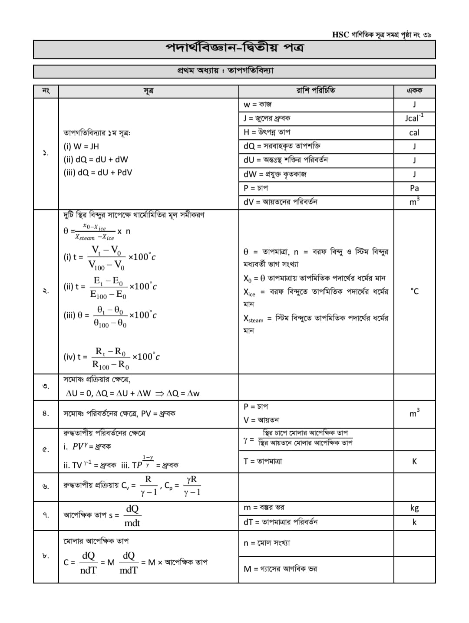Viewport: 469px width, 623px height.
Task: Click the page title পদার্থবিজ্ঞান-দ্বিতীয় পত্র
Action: tap(234, 49)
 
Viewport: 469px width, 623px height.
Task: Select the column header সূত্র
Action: tap(149, 91)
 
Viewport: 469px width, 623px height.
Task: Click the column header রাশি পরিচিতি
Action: tap(316, 91)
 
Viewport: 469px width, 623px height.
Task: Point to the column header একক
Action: tap(414, 91)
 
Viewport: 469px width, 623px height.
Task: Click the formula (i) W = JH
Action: tap(82, 147)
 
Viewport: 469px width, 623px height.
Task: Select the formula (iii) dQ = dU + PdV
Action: tap(98, 173)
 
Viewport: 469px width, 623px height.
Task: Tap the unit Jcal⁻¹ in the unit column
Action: tap(414, 118)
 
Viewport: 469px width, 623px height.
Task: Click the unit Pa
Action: tap(414, 188)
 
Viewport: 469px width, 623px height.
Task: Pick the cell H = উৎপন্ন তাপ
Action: tap(267, 132)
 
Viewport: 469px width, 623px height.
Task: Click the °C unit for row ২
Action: tap(414, 291)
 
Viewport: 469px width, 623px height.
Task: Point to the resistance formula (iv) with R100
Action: tap(112, 357)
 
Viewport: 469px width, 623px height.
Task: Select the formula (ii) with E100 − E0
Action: tap(110, 287)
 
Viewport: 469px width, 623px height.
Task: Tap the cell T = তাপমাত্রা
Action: tap(263, 461)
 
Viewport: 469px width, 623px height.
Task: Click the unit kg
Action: tap(414, 508)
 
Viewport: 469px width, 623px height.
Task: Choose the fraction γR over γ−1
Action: tap(192, 485)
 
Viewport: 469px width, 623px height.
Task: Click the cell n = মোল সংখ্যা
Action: tap(267, 543)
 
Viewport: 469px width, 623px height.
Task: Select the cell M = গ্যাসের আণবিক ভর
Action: tap(280, 569)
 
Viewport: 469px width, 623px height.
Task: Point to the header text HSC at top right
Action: tap(340, 35)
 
